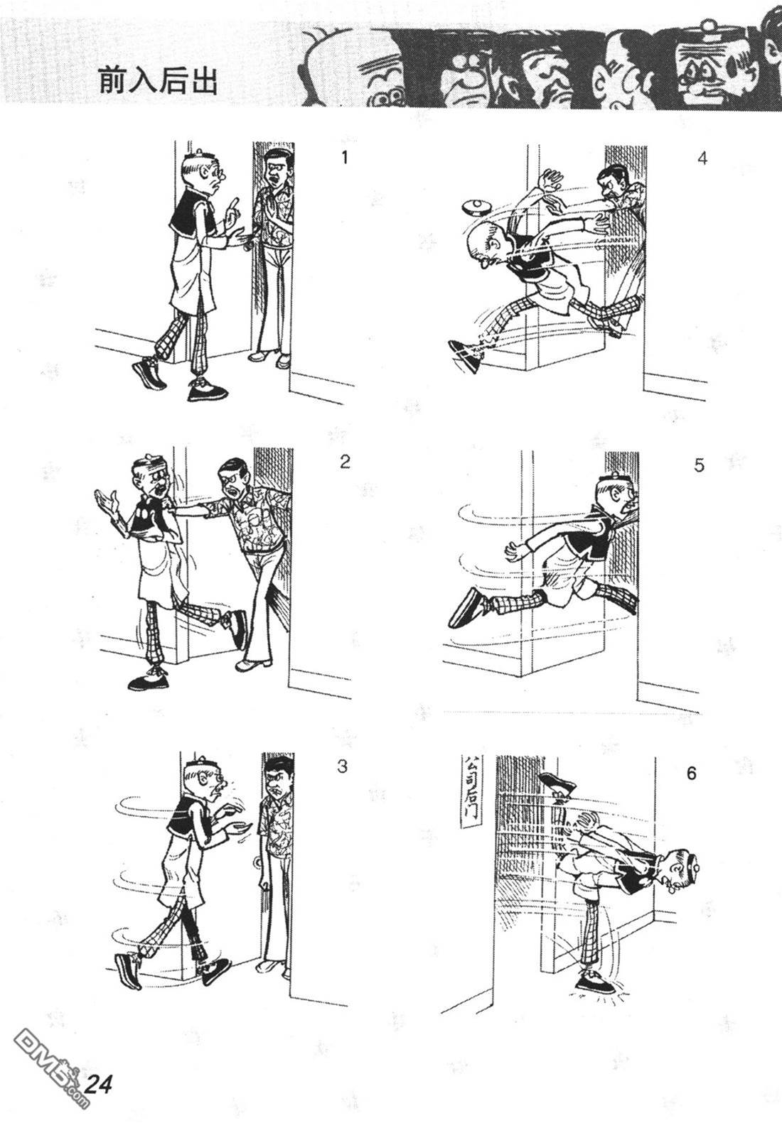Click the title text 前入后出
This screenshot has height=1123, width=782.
pyautogui.click(x=157, y=81)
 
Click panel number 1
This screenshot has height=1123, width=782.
pyautogui.click(x=343, y=158)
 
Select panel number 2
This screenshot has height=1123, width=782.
pyautogui.click(x=345, y=461)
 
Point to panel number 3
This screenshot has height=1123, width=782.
pyautogui.click(x=342, y=766)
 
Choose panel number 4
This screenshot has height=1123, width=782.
pyautogui.click(x=702, y=158)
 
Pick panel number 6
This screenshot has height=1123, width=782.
pyautogui.click(x=691, y=774)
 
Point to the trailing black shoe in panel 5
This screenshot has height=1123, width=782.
pyautogui.click(x=464, y=607)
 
